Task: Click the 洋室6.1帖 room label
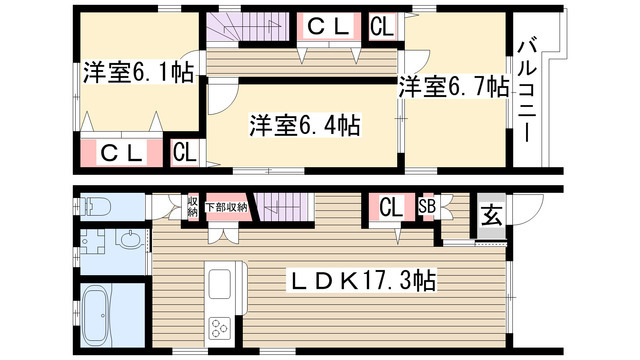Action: click(x=138, y=73)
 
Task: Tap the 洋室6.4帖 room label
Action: click(x=305, y=125)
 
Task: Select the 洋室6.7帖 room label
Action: click(x=454, y=87)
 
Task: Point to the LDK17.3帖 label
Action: click(x=362, y=280)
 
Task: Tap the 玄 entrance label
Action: click(x=492, y=215)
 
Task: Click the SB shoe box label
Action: click(x=427, y=207)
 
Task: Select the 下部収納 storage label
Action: click(x=227, y=207)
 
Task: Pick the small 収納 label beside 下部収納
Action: click(x=193, y=207)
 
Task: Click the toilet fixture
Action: click(x=95, y=206)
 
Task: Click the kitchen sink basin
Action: click(x=220, y=284)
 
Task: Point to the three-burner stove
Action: click(x=220, y=328)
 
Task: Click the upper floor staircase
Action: click(x=247, y=27)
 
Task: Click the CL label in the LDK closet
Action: click(x=391, y=207)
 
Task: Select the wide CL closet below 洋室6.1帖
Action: click(x=121, y=152)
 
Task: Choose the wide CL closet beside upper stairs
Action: click(x=329, y=26)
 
